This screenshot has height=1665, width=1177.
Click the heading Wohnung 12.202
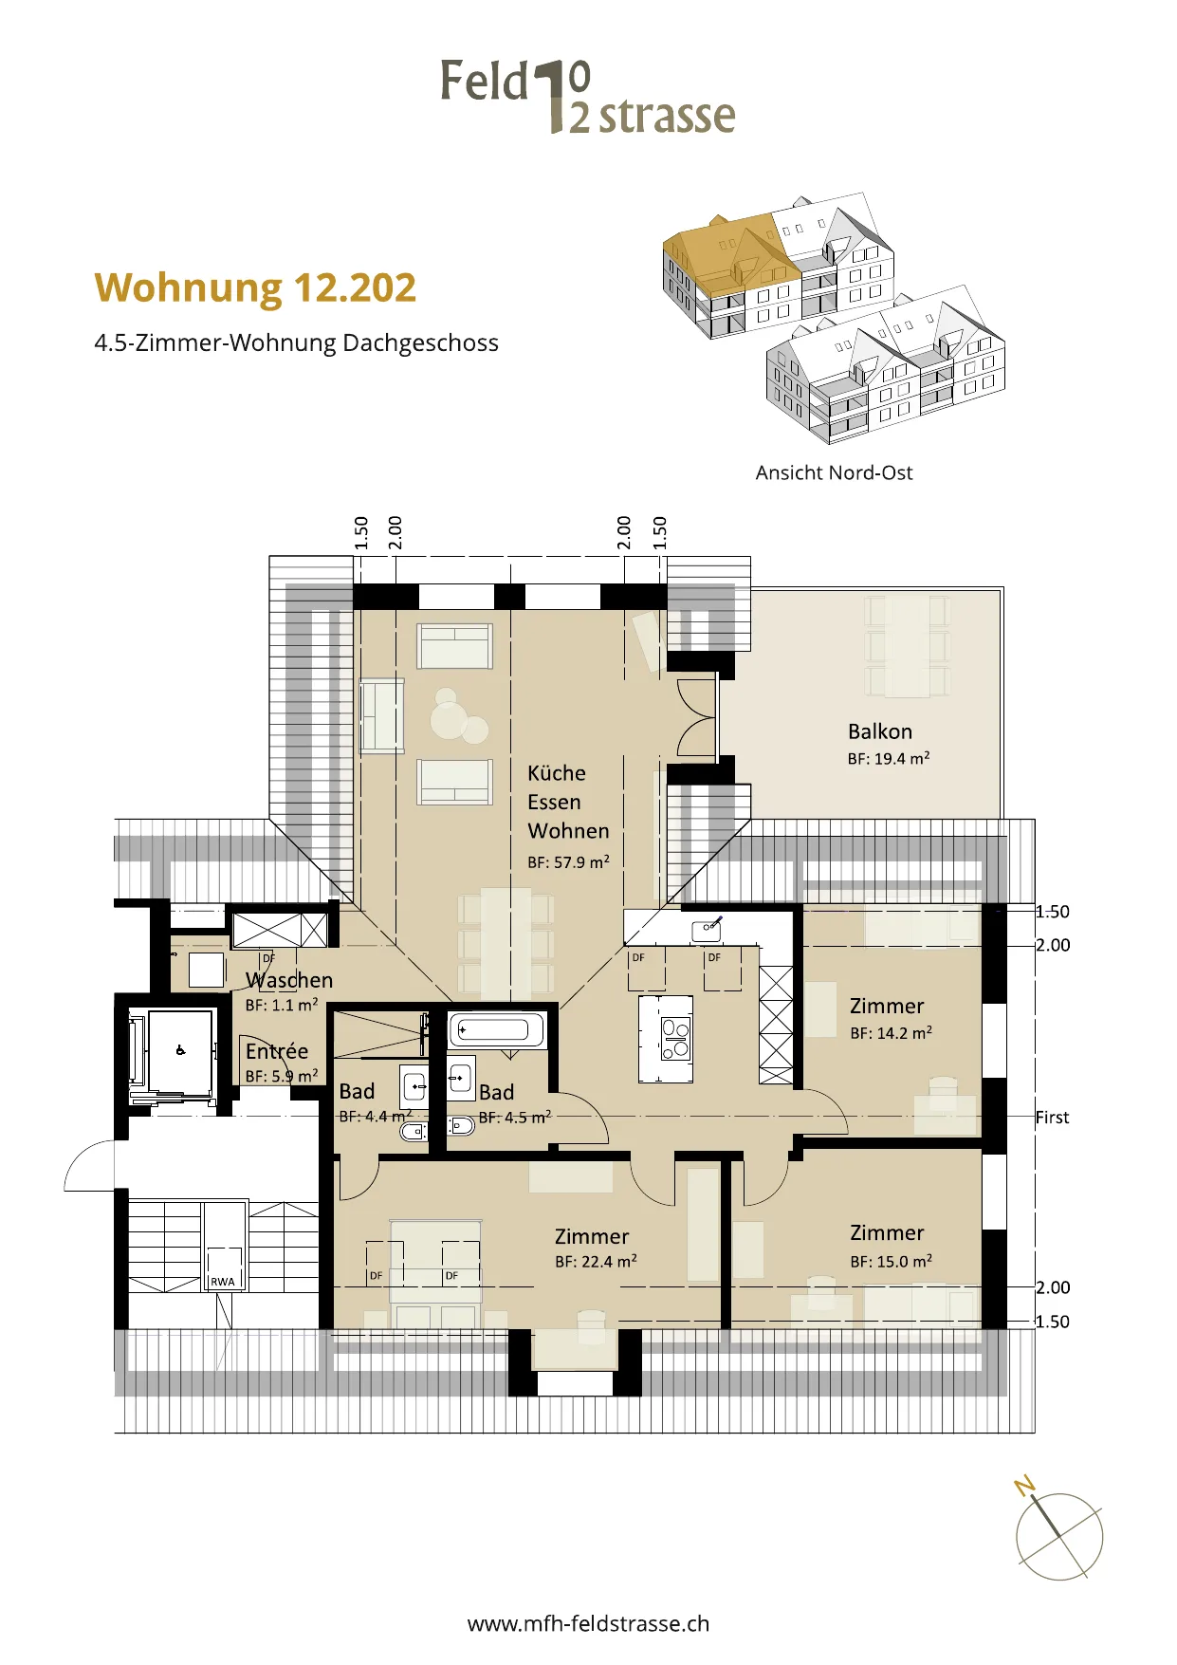tap(255, 288)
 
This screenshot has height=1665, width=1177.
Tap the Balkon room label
tap(880, 731)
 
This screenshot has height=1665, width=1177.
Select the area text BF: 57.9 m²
tap(568, 862)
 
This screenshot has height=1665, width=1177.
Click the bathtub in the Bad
tap(498, 1029)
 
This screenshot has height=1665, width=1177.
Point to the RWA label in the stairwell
tap(223, 1282)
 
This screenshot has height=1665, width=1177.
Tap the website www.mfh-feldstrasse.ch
tap(588, 1623)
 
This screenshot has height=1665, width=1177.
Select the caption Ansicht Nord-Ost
tap(834, 472)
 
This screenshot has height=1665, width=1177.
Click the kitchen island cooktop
tap(675, 1038)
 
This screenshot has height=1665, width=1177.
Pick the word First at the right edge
tap(1052, 1118)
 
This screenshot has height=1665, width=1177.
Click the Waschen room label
tap(289, 980)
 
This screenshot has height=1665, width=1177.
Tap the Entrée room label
tap(277, 1051)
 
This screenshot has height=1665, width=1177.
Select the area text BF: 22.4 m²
tap(596, 1262)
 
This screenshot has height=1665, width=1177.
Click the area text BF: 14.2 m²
tap(891, 1033)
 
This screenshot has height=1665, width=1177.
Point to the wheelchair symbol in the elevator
tap(180, 1050)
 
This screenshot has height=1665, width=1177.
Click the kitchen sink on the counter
tap(708, 929)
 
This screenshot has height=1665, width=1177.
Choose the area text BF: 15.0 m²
tap(891, 1262)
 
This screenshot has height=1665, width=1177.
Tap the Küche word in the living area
tap(557, 773)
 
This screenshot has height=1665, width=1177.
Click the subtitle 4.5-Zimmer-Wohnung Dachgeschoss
tap(296, 342)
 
